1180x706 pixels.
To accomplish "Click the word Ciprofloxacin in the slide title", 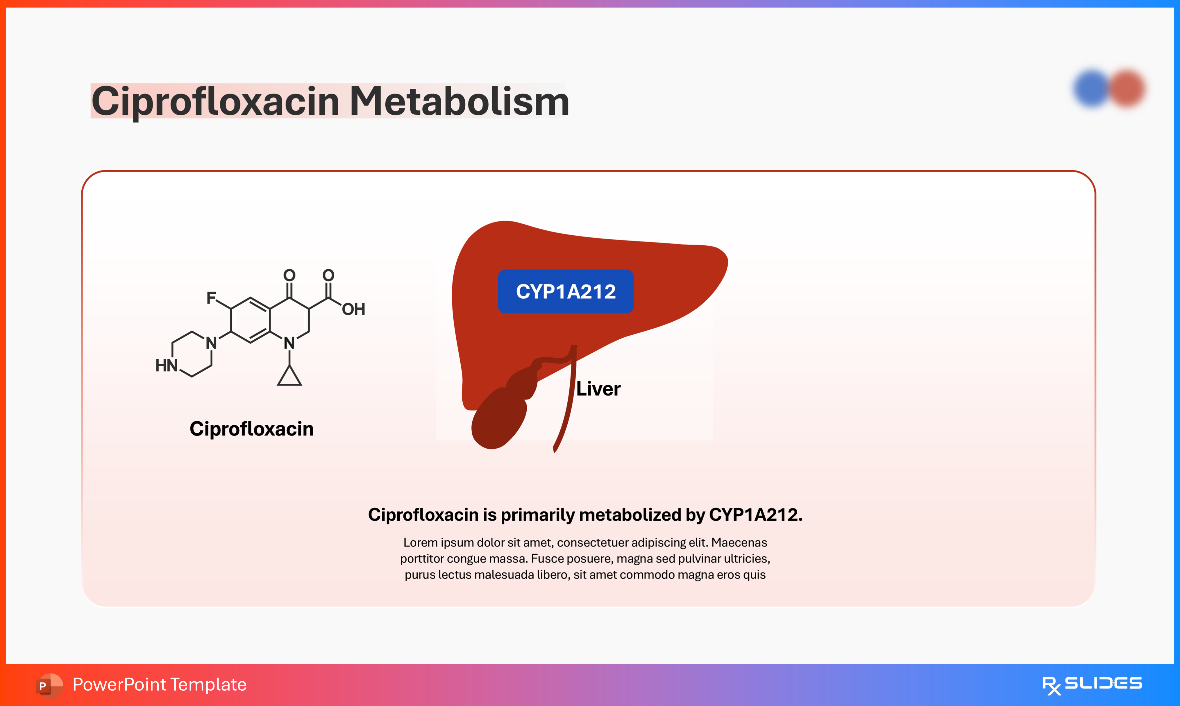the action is (215, 101).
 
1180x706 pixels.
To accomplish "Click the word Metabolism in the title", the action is (459, 101).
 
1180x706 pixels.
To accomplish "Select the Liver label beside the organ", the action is (598, 389).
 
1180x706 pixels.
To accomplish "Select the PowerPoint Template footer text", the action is (159, 685).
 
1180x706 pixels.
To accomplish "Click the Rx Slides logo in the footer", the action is (1092, 685).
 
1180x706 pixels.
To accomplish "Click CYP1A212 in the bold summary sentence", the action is (755, 515).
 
